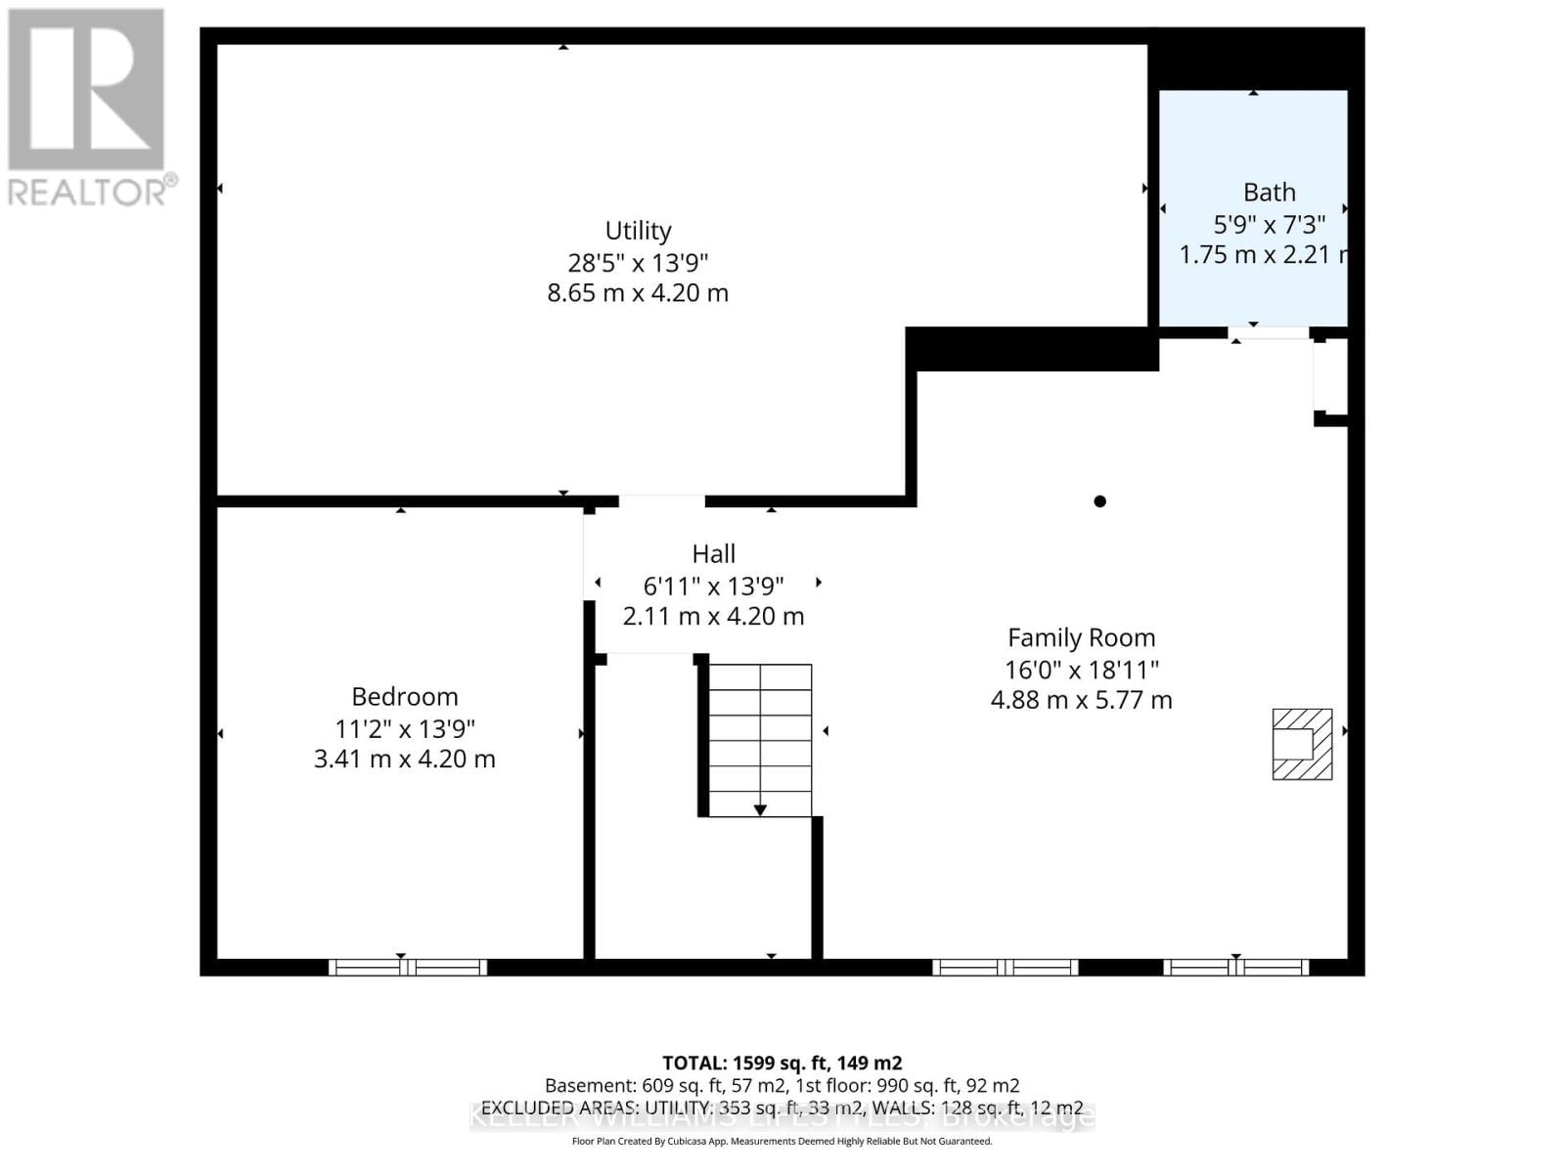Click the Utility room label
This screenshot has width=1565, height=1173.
pos(638,231)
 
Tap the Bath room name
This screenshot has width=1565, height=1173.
pos(1269,193)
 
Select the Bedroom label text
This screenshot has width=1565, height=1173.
pos(405,697)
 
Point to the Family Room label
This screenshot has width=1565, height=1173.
pos(1081,638)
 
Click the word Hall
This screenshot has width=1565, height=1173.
pos(713,554)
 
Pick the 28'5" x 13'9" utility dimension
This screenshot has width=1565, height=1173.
pos(638,263)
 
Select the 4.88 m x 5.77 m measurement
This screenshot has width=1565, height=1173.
pos(1081,700)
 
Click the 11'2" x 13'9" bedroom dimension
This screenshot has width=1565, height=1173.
pos(405,728)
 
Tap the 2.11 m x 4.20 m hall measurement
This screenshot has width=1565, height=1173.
pos(713,616)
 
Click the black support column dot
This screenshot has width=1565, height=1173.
pos(1099,501)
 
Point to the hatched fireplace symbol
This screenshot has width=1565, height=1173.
pos(1302,744)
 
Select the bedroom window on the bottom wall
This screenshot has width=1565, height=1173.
pos(407,968)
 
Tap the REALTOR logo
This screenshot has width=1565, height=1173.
pos(88,108)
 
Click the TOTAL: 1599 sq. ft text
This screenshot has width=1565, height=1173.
pos(782,1063)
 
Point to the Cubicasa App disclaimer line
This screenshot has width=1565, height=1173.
pos(782,1141)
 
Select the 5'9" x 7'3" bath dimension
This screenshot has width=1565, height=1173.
pos(1269,225)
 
